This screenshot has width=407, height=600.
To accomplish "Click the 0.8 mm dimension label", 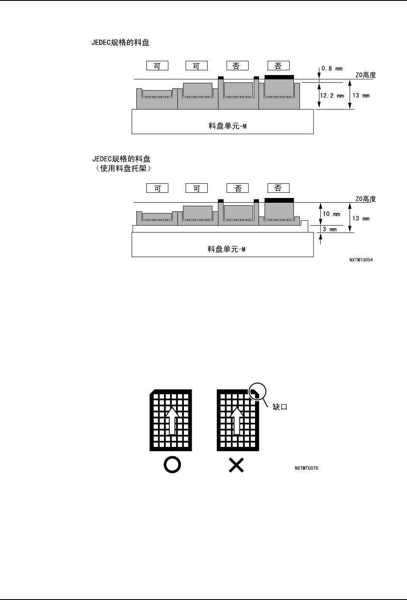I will coord(332,69).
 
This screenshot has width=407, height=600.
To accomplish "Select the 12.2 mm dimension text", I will coord(331,96).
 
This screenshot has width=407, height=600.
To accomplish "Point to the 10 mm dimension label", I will coord(331,214).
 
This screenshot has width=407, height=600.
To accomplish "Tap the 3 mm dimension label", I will coord(330,229).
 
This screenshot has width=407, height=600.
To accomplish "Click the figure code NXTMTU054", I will coord(361,261).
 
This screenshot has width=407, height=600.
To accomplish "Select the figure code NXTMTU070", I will coord(306,468).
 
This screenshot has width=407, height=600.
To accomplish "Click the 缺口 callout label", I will coord(280,407).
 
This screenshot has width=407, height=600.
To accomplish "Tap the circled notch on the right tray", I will coord(256,393).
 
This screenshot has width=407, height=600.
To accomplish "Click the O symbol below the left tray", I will coord(172,465).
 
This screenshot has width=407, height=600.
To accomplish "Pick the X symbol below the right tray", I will coord(237,465).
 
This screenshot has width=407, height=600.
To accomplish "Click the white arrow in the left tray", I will coord(172,418).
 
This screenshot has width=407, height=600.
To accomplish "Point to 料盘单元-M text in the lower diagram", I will coord(227,249).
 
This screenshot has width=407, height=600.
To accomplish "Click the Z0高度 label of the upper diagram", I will coord(365,75).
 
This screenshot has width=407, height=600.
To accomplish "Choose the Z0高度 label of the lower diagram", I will coord(365,199).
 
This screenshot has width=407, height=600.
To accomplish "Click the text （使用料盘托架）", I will coord(123,169).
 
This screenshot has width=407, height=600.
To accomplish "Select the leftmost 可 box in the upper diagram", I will coord(157,66).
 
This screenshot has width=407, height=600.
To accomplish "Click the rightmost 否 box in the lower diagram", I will coord(278,188).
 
